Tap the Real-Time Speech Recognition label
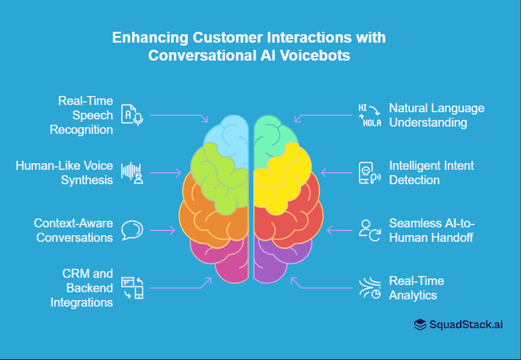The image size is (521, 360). pyautogui.click(x=85, y=115)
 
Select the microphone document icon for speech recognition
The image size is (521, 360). pyautogui.click(x=131, y=114)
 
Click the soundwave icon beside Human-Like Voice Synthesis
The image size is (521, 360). pyautogui.click(x=132, y=172)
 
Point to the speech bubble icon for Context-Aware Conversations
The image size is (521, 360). pyautogui.click(x=132, y=230)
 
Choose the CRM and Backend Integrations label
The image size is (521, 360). pyautogui.click(x=82, y=288)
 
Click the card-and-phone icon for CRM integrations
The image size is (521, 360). pyautogui.click(x=132, y=288)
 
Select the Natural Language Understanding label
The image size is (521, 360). pyautogui.click(x=436, y=115)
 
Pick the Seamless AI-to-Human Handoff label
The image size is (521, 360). pyautogui.click(x=432, y=230)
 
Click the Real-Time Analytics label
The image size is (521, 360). pyautogui.click(x=417, y=288)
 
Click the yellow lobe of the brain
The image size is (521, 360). pyautogui.click(x=282, y=174)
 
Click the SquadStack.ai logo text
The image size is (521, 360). pyautogui.click(x=466, y=325)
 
